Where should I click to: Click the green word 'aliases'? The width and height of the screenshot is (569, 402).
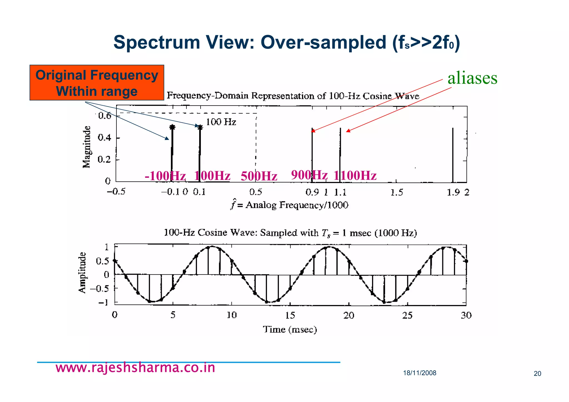point(472,78)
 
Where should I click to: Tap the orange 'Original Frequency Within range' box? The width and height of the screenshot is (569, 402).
point(97,83)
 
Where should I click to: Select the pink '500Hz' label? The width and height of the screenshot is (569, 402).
point(259,176)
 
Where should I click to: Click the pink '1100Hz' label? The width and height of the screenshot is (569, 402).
point(355,176)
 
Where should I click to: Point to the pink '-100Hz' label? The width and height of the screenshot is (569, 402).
point(165,176)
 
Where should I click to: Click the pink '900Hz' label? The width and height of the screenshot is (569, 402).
point(309,175)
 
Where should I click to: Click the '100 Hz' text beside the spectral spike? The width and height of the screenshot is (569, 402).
point(221,122)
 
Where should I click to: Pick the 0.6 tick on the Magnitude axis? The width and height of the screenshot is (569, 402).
point(104,116)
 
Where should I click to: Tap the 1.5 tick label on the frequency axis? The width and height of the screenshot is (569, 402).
point(396,192)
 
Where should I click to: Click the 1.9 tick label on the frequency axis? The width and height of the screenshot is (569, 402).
point(453,192)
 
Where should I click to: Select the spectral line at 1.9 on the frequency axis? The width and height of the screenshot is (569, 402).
point(453,156)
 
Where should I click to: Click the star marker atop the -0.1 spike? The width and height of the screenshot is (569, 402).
point(172,127)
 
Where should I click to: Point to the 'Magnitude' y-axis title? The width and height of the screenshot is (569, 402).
point(87,147)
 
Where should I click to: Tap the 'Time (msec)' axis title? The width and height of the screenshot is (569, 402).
point(290,329)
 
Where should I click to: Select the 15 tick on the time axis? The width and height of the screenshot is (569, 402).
point(290,315)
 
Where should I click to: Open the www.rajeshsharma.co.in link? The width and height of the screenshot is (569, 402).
point(135,368)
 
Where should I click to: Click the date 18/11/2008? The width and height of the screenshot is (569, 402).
point(420,373)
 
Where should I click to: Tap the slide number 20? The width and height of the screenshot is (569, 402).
point(537,374)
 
